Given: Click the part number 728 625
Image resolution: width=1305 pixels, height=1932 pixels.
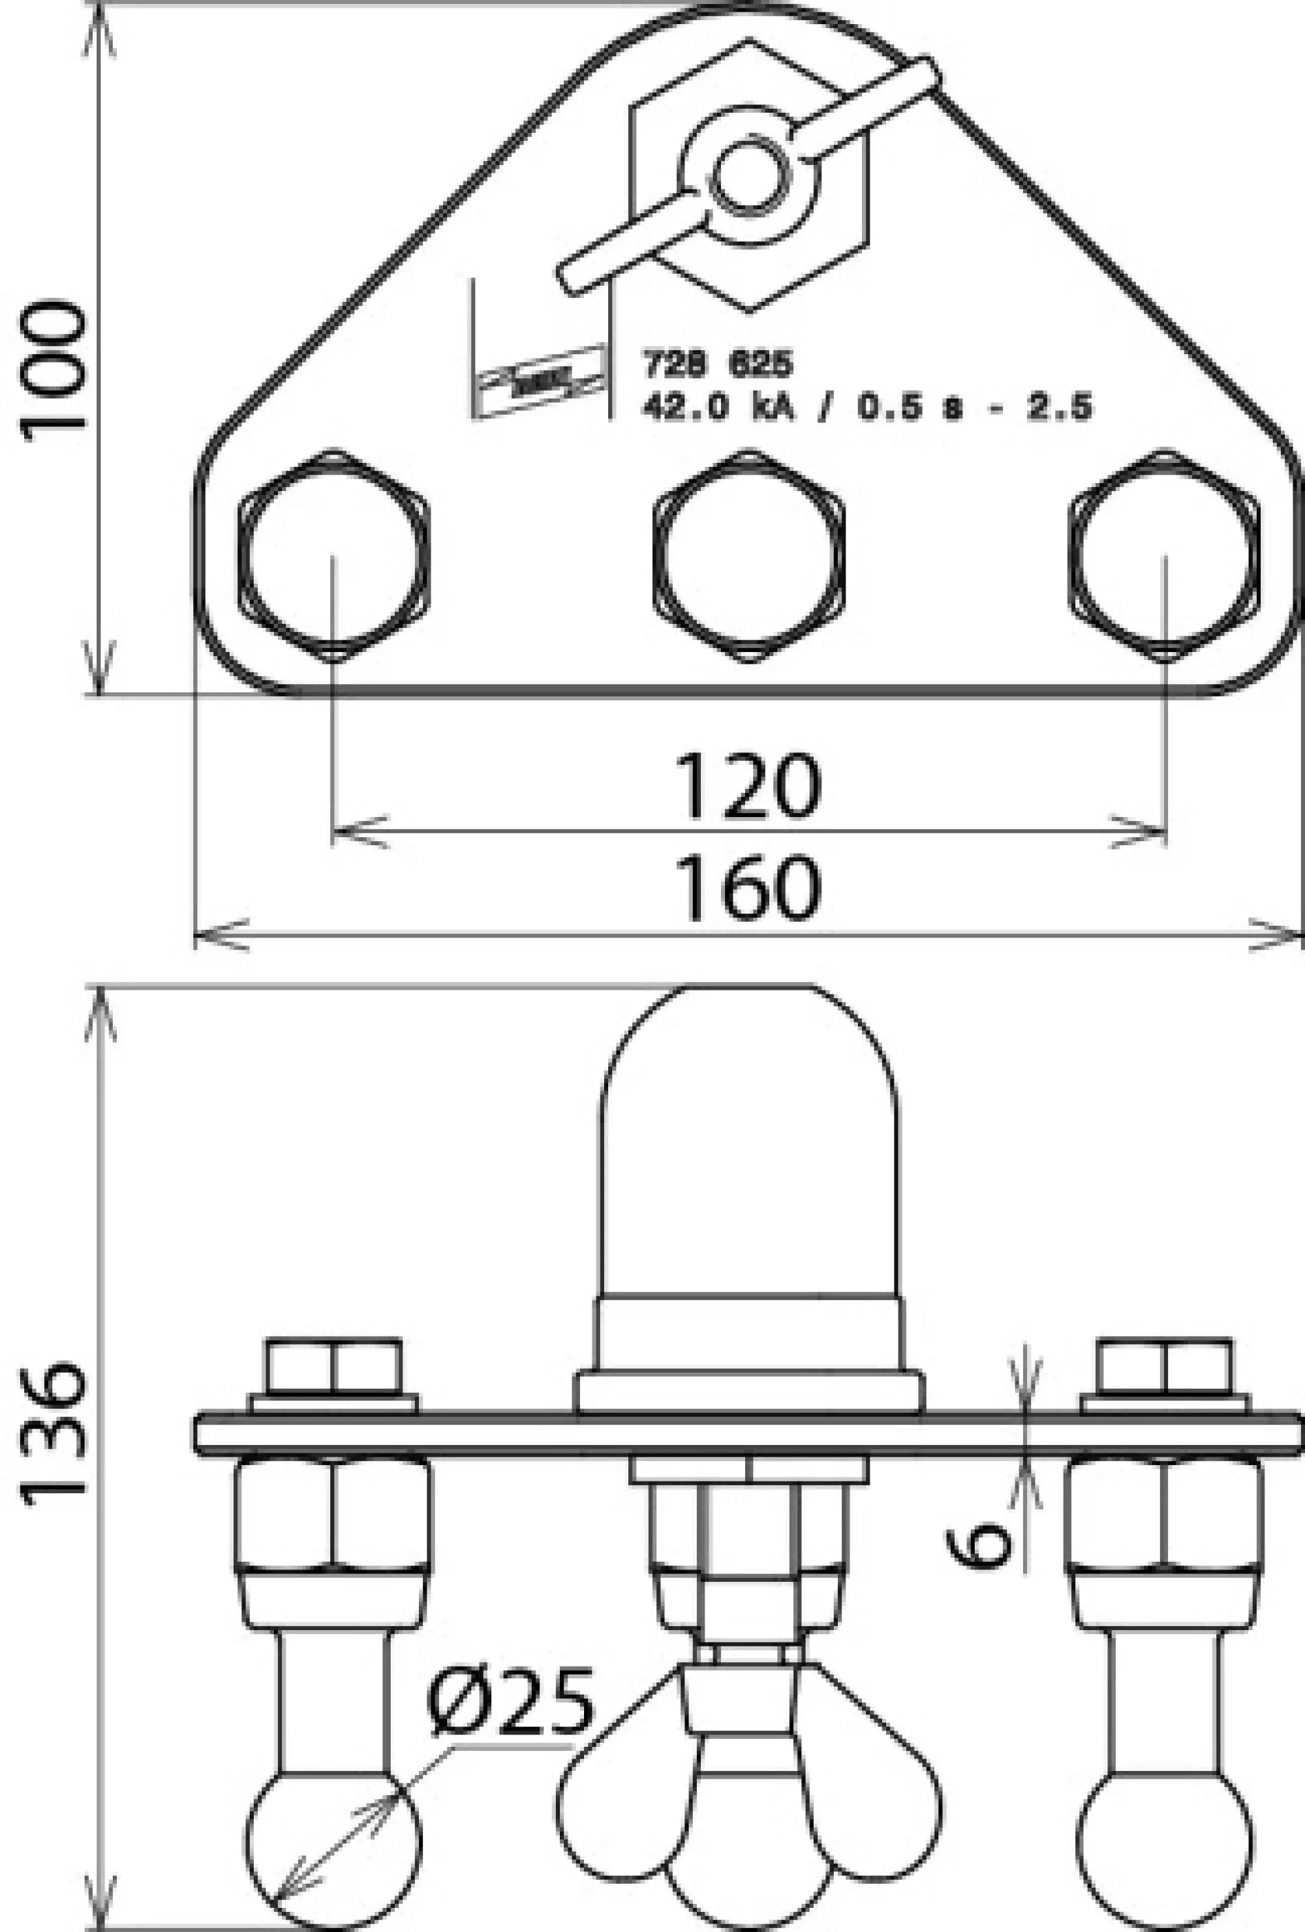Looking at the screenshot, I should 717,363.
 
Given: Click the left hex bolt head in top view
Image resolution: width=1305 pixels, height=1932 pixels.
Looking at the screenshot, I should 333,556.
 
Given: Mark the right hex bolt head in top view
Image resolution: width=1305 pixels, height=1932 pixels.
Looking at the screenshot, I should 1163,556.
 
